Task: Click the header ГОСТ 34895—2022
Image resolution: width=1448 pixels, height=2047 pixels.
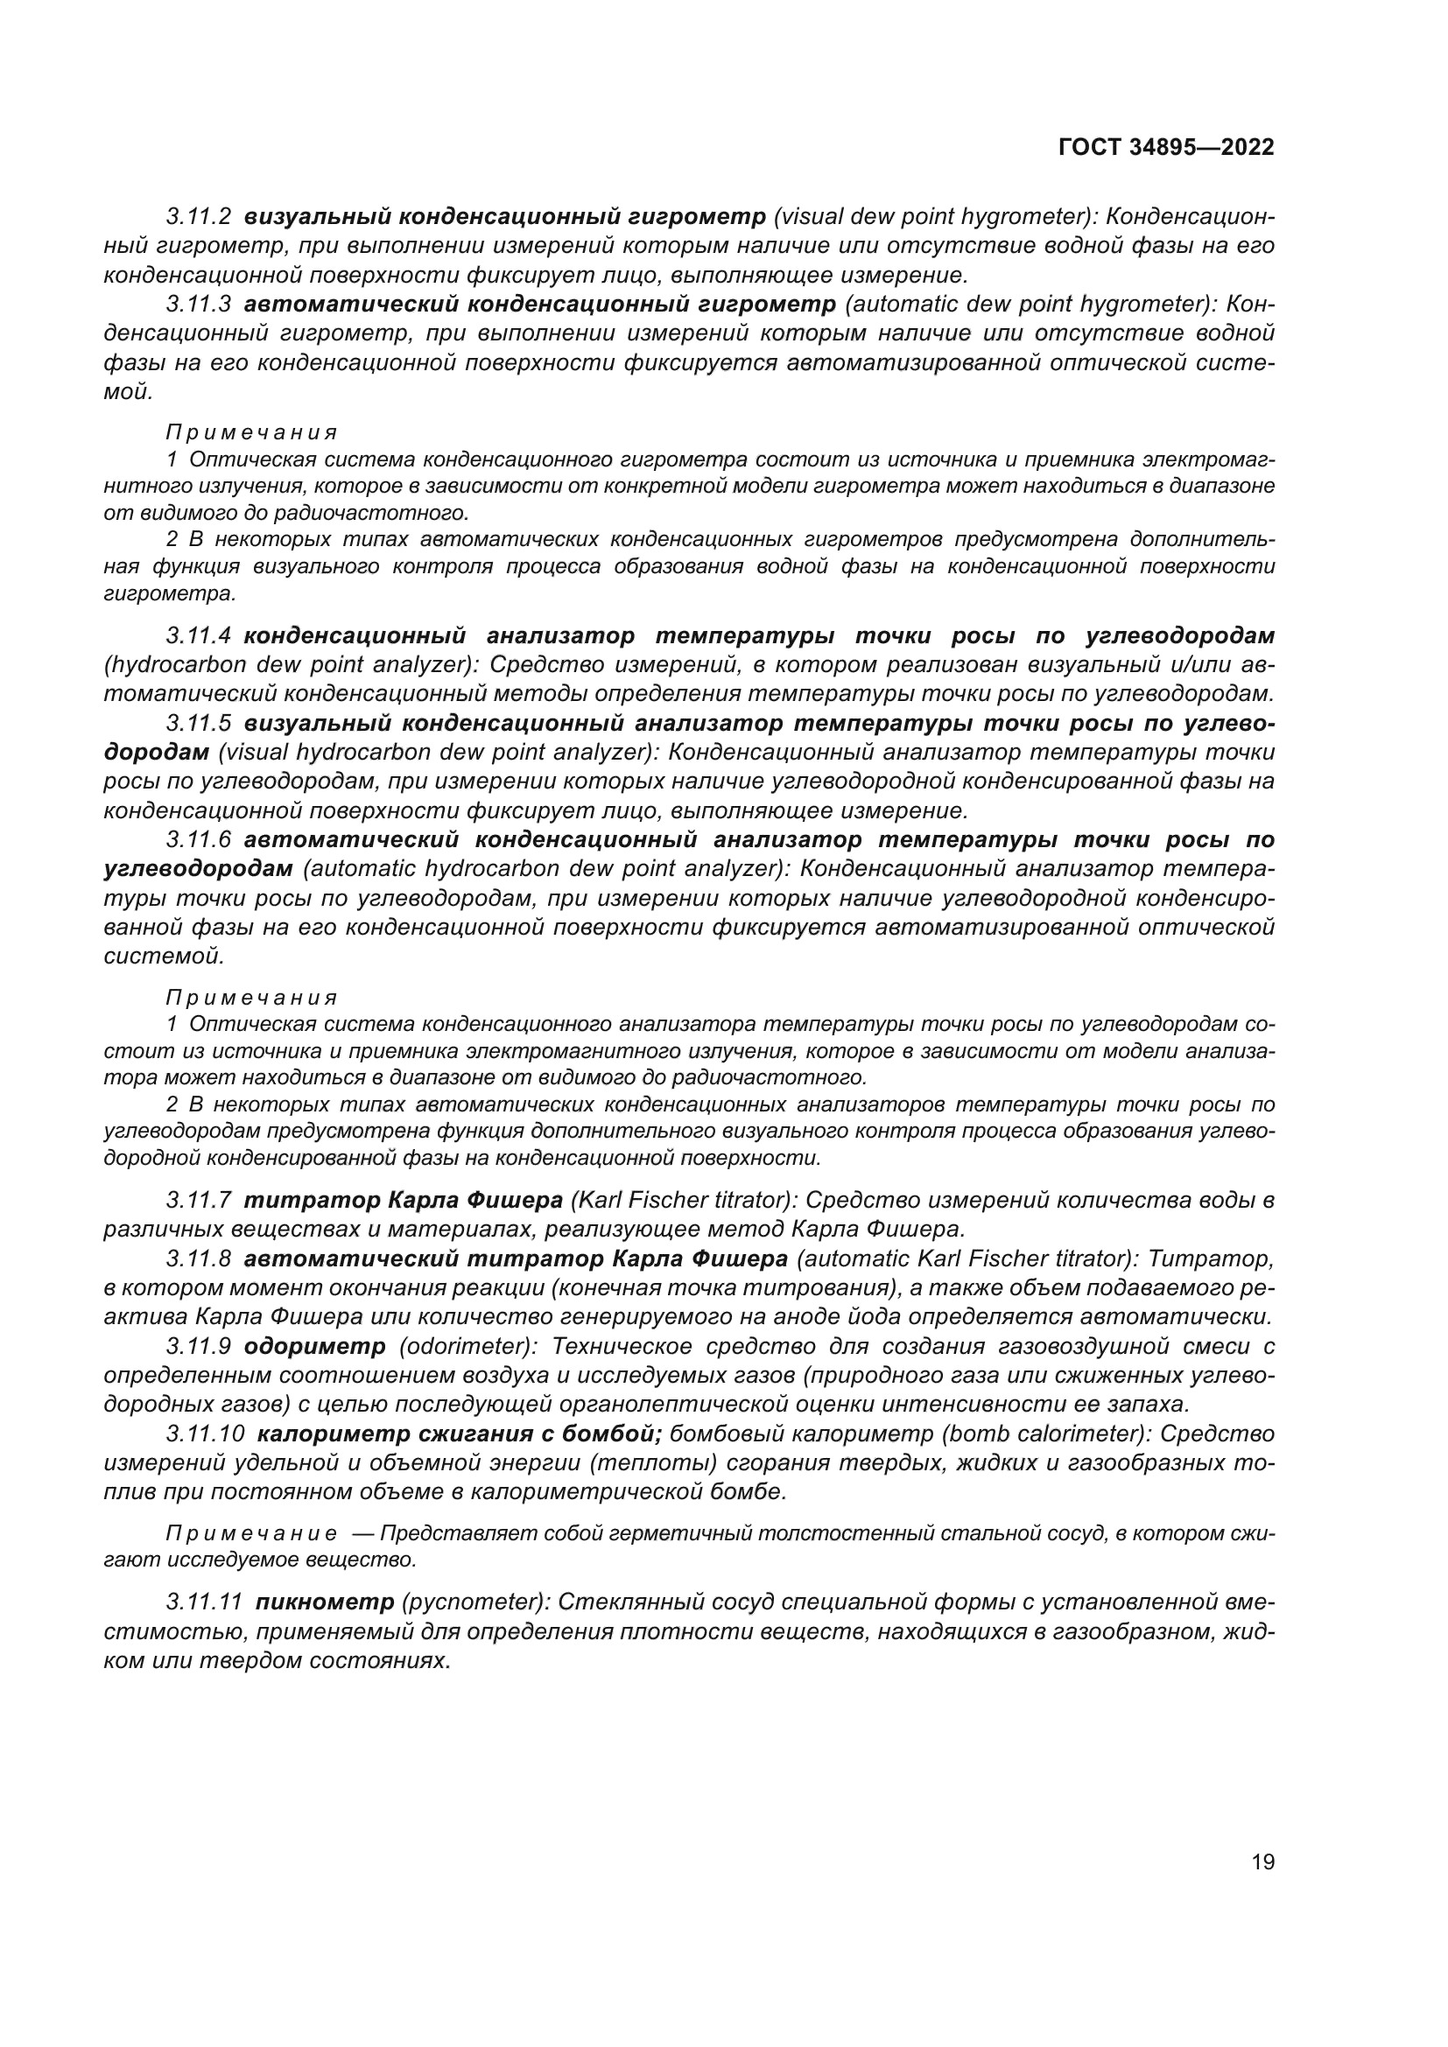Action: click(x=1166, y=147)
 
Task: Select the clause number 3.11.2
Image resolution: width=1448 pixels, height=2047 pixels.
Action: click(x=199, y=217)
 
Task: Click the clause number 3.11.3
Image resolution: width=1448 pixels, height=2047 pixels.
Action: click(x=199, y=305)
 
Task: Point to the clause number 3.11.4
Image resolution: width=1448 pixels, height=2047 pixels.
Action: click(x=199, y=636)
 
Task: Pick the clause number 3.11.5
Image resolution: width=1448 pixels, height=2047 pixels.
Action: click(x=199, y=723)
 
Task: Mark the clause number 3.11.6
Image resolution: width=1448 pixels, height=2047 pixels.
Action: click(x=199, y=840)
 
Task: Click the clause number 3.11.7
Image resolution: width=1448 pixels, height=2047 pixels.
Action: click(x=199, y=1201)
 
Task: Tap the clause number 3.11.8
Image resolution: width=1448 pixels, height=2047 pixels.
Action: click(x=199, y=1258)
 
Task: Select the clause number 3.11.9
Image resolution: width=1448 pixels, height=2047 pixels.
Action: click(x=199, y=1346)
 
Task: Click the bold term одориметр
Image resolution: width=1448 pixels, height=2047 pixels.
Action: click(x=315, y=1346)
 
